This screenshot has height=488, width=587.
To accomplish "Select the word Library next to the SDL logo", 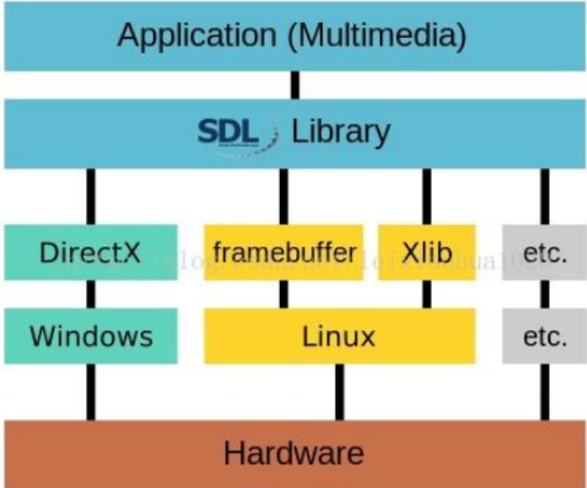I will tap(341, 132).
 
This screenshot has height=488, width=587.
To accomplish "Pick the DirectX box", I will tap(90, 252).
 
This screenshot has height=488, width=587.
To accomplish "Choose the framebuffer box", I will tap(283, 252).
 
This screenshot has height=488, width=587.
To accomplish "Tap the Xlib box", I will tap(426, 252).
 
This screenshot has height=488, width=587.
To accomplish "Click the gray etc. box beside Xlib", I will tap(544, 252).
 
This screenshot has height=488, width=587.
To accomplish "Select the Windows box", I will tap(90, 335).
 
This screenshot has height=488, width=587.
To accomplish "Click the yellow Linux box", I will tap(339, 335).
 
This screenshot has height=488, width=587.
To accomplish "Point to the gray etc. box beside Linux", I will tap(544, 335).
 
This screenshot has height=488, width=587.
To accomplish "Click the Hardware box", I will tap(293, 453).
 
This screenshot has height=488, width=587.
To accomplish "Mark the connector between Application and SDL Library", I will tap(294, 84).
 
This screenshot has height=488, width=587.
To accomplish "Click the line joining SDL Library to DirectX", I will tap(90, 196).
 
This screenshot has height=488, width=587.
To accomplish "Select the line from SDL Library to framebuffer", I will tap(283, 196).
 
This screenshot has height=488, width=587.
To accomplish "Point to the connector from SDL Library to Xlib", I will tap(426, 196).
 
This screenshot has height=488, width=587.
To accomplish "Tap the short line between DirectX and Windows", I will tap(90, 294).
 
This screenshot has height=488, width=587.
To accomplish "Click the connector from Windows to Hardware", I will tap(90, 392).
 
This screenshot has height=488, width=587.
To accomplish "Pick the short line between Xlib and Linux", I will tap(426, 294).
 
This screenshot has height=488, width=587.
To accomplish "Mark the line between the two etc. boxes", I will tap(544, 294).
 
